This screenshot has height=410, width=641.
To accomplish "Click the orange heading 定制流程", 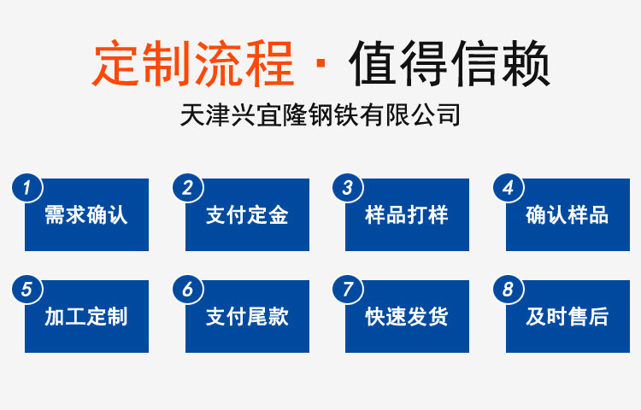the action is (x=192, y=63).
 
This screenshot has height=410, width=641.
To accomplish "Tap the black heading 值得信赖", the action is (x=450, y=63).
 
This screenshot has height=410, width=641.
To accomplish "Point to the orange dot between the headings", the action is (x=320, y=63).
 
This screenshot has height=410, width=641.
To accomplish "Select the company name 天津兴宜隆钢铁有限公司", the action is (x=320, y=114).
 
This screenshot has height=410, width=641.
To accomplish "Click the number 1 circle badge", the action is (x=27, y=188).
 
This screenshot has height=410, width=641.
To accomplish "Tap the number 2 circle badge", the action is (x=188, y=188).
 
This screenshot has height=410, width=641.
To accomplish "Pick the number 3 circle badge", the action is (x=348, y=188).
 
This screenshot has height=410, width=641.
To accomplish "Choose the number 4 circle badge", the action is (x=509, y=188).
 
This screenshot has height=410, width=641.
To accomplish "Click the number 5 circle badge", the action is (x=27, y=290).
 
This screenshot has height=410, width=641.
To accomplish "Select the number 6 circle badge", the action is (x=188, y=290).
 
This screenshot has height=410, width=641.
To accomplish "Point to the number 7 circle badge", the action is (x=348, y=290).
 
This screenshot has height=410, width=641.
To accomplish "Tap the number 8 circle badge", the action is (x=509, y=290).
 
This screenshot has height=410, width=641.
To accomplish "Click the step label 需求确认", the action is (x=86, y=214).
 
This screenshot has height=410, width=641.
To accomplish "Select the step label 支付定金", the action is (x=247, y=214).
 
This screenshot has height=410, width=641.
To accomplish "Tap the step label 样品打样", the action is (x=407, y=214).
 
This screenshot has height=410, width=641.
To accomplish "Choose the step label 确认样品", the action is (x=567, y=214).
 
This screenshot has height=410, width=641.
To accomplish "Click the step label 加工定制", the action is (x=86, y=317).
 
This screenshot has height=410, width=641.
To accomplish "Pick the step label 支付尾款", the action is (x=247, y=317).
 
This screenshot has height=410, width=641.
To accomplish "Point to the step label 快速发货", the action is (x=407, y=317).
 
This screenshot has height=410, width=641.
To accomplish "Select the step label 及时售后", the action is (x=567, y=317).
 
